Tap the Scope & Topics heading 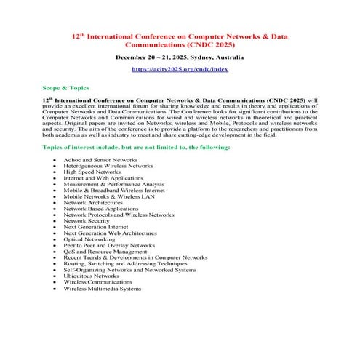(65, 87)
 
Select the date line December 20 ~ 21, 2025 (180, 56)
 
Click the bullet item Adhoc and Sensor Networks (100, 159)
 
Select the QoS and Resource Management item (104, 252)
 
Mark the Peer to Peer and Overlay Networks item (110, 246)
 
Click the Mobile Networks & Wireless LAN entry (110, 196)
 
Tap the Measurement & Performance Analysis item (113, 184)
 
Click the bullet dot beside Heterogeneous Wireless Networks (55, 166)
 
